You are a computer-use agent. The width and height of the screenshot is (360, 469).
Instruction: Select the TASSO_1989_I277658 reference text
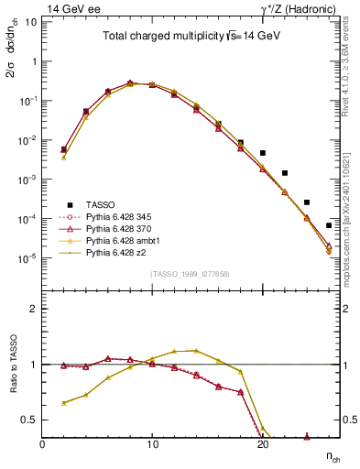[x=191, y=274]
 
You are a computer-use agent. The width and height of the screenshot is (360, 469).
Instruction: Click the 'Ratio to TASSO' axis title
[x=13, y=365]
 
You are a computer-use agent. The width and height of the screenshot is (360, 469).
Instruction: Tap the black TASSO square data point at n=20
[x=263, y=153]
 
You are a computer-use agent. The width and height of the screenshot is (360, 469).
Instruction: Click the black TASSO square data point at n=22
[x=285, y=173]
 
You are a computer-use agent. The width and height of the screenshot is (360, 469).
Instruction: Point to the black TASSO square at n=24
[x=307, y=202]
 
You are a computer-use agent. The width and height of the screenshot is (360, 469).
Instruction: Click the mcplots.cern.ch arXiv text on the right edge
[x=352, y=206]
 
